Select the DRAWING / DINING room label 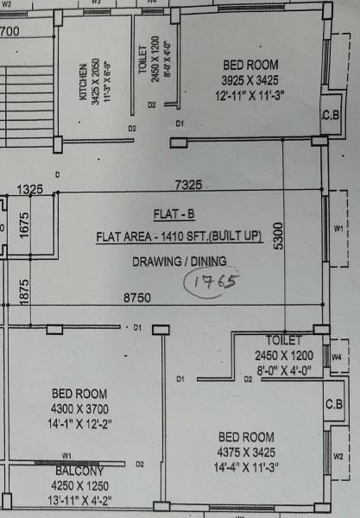coord(179,261)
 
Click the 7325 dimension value coord(188,185)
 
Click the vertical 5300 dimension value coord(277,234)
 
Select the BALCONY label coord(79,471)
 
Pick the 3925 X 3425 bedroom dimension coord(250,79)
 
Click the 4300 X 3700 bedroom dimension coord(79,407)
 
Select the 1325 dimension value coord(29,189)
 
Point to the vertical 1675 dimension coord(24,225)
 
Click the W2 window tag coord(338,456)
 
